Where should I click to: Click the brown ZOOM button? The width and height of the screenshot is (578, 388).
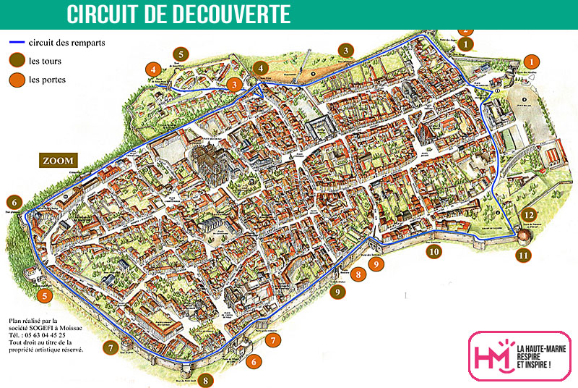coord(60,161)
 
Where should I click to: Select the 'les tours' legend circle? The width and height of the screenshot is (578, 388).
coord(17,60)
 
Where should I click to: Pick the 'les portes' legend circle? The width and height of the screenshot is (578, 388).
coord(17,79)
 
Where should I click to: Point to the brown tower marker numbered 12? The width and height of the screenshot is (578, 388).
coord(530,215)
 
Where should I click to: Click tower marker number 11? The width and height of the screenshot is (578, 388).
coord(523,255)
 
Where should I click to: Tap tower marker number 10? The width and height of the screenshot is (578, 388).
coord(433,252)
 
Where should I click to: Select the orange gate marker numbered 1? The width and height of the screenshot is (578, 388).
coord(532,62)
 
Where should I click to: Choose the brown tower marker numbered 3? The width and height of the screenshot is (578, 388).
coord(347,51)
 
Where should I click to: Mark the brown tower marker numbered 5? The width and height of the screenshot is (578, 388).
coord(180,53)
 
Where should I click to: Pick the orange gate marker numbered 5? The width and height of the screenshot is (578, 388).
coord(45,295)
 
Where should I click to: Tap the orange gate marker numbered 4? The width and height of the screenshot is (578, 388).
coord(153,69)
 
